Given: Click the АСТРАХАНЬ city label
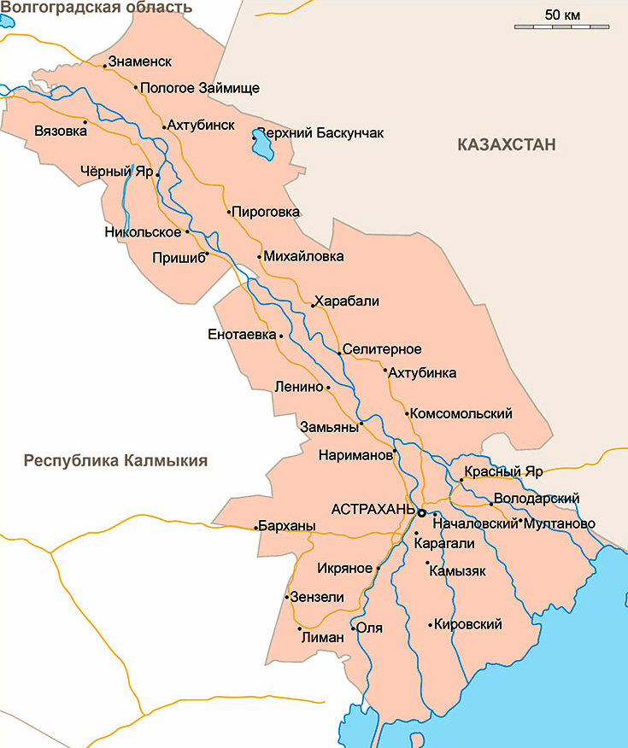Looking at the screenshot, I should [372, 510].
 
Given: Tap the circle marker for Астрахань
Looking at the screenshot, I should [421, 512].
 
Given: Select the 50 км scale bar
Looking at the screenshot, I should [561, 26].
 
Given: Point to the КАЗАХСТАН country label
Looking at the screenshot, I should [507, 144].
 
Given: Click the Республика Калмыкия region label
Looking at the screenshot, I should [115, 461].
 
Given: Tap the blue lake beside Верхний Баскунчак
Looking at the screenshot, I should [261, 146].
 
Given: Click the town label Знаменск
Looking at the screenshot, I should [140, 62].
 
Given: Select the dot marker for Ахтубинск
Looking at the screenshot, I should [164, 128].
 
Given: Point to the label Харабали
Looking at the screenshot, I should [347, 301].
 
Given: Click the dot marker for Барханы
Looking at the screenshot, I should [256, 528].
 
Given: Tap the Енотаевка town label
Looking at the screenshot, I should [242, 335].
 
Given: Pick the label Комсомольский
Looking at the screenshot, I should [461, 414].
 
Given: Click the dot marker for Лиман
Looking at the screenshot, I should [300, 629].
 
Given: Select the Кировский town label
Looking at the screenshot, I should [467, 625].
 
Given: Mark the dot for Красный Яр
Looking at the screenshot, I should [461, 481].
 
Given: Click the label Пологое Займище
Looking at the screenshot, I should [199, 88].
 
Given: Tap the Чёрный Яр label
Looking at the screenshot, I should [115, 172].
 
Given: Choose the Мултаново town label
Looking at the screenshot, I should [561, 523].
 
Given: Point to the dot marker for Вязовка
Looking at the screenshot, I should [85, 121].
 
